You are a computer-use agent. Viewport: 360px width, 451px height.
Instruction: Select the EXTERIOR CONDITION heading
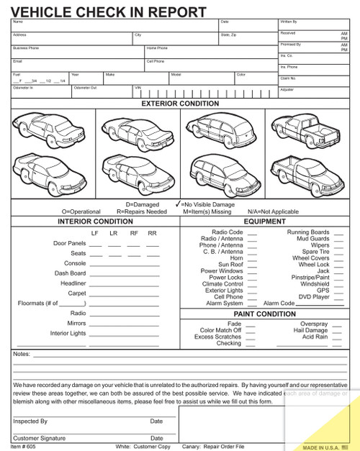(x=180, y=104)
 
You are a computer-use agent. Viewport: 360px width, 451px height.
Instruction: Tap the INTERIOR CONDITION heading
(x=95, y=222)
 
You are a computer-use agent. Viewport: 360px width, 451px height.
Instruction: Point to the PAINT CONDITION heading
(x=265, y=314)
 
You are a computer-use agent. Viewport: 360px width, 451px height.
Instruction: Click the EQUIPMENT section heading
(x=265, y=222)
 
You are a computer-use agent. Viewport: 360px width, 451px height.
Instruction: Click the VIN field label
(x=138, y=87)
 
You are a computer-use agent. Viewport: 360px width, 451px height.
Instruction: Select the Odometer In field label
(x=23, y=87)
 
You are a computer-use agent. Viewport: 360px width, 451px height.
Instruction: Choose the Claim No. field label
(x=289, y=78)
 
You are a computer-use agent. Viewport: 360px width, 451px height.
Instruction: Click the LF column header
(x=94, y=234)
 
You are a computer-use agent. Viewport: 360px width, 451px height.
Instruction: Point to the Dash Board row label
(x=71, y=273)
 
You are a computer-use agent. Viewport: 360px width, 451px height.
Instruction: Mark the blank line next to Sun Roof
(x=252, y=265)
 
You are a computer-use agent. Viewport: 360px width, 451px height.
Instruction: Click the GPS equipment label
(x=323, y=291)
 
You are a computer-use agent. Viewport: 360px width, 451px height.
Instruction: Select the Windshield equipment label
(x=314, y=284)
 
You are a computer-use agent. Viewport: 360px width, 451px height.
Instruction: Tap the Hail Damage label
(x=312, y=330)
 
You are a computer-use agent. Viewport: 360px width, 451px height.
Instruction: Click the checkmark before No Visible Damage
(x=177, y=204)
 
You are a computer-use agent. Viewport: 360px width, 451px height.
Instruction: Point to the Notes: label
(x=22, y=354)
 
